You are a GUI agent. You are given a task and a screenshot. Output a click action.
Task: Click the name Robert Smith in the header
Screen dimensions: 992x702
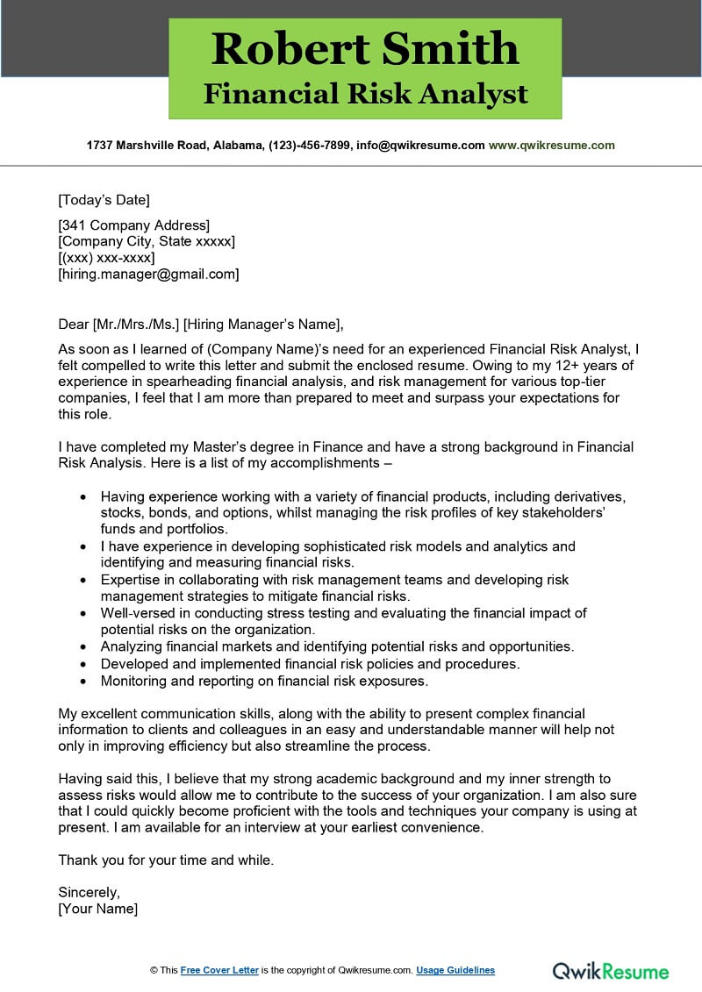pos(365,48)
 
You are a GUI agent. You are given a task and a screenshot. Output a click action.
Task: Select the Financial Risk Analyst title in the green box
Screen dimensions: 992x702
pos(365,94)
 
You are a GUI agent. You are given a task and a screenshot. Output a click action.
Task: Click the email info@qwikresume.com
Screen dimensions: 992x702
pos(420,145)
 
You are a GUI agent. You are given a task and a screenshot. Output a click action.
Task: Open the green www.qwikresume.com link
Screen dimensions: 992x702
pos(551,145)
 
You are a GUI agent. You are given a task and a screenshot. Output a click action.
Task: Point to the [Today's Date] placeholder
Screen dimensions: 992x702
pos(104,199)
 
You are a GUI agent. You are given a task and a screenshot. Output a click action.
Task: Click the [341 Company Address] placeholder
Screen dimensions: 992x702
pos(133,225)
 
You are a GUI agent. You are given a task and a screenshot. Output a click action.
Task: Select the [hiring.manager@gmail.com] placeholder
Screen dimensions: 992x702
pos(148,274)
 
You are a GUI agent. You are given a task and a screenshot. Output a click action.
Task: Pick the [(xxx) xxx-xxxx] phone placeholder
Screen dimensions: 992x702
pos(106,257)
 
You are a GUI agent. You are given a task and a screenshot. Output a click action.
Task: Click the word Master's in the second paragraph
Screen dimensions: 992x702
pos(205,446)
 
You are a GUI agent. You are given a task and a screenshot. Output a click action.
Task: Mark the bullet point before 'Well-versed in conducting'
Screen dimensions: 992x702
pos(82,613)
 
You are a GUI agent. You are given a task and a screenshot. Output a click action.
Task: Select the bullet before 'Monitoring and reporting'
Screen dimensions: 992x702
pos(82,680)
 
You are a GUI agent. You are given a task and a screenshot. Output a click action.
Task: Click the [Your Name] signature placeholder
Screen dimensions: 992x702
pos(97,909)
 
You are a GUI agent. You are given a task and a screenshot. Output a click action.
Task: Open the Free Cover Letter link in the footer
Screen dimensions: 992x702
pos(219,970)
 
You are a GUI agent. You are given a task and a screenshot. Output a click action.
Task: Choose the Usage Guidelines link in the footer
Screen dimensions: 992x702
pos(455,970)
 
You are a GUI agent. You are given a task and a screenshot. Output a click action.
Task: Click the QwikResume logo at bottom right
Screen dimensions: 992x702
pos(610,970)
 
